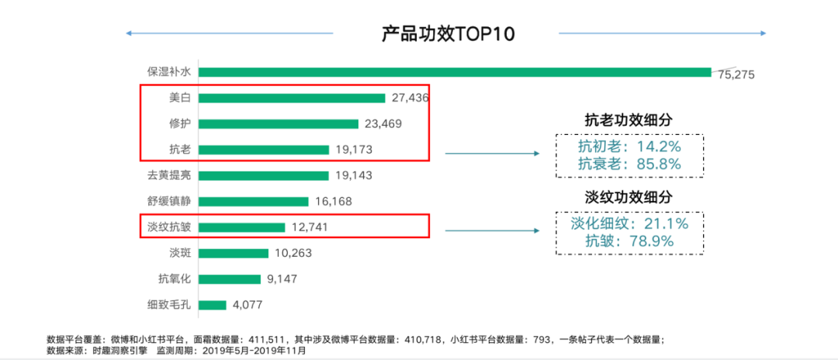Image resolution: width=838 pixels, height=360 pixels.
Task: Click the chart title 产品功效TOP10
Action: tap(448, 34)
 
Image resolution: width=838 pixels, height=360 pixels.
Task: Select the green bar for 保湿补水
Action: tap(455, 72)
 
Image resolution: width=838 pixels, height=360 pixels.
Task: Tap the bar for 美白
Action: tap(292, 98)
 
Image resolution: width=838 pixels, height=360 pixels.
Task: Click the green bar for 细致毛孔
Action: tap(213, 305)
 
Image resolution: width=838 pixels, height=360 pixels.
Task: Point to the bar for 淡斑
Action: tap(234, 253)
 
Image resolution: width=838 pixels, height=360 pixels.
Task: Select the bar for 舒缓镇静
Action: tap(254, 201)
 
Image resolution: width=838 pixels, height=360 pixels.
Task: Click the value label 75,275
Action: tap(736, 74)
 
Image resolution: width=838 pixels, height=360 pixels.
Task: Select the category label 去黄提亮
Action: tap(169, 175)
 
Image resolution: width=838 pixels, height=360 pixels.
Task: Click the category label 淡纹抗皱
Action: tap(169, 227)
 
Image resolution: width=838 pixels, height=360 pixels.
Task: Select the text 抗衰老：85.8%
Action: tap(629, 164)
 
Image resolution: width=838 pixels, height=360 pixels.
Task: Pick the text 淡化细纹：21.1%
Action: tap(629, 224)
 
